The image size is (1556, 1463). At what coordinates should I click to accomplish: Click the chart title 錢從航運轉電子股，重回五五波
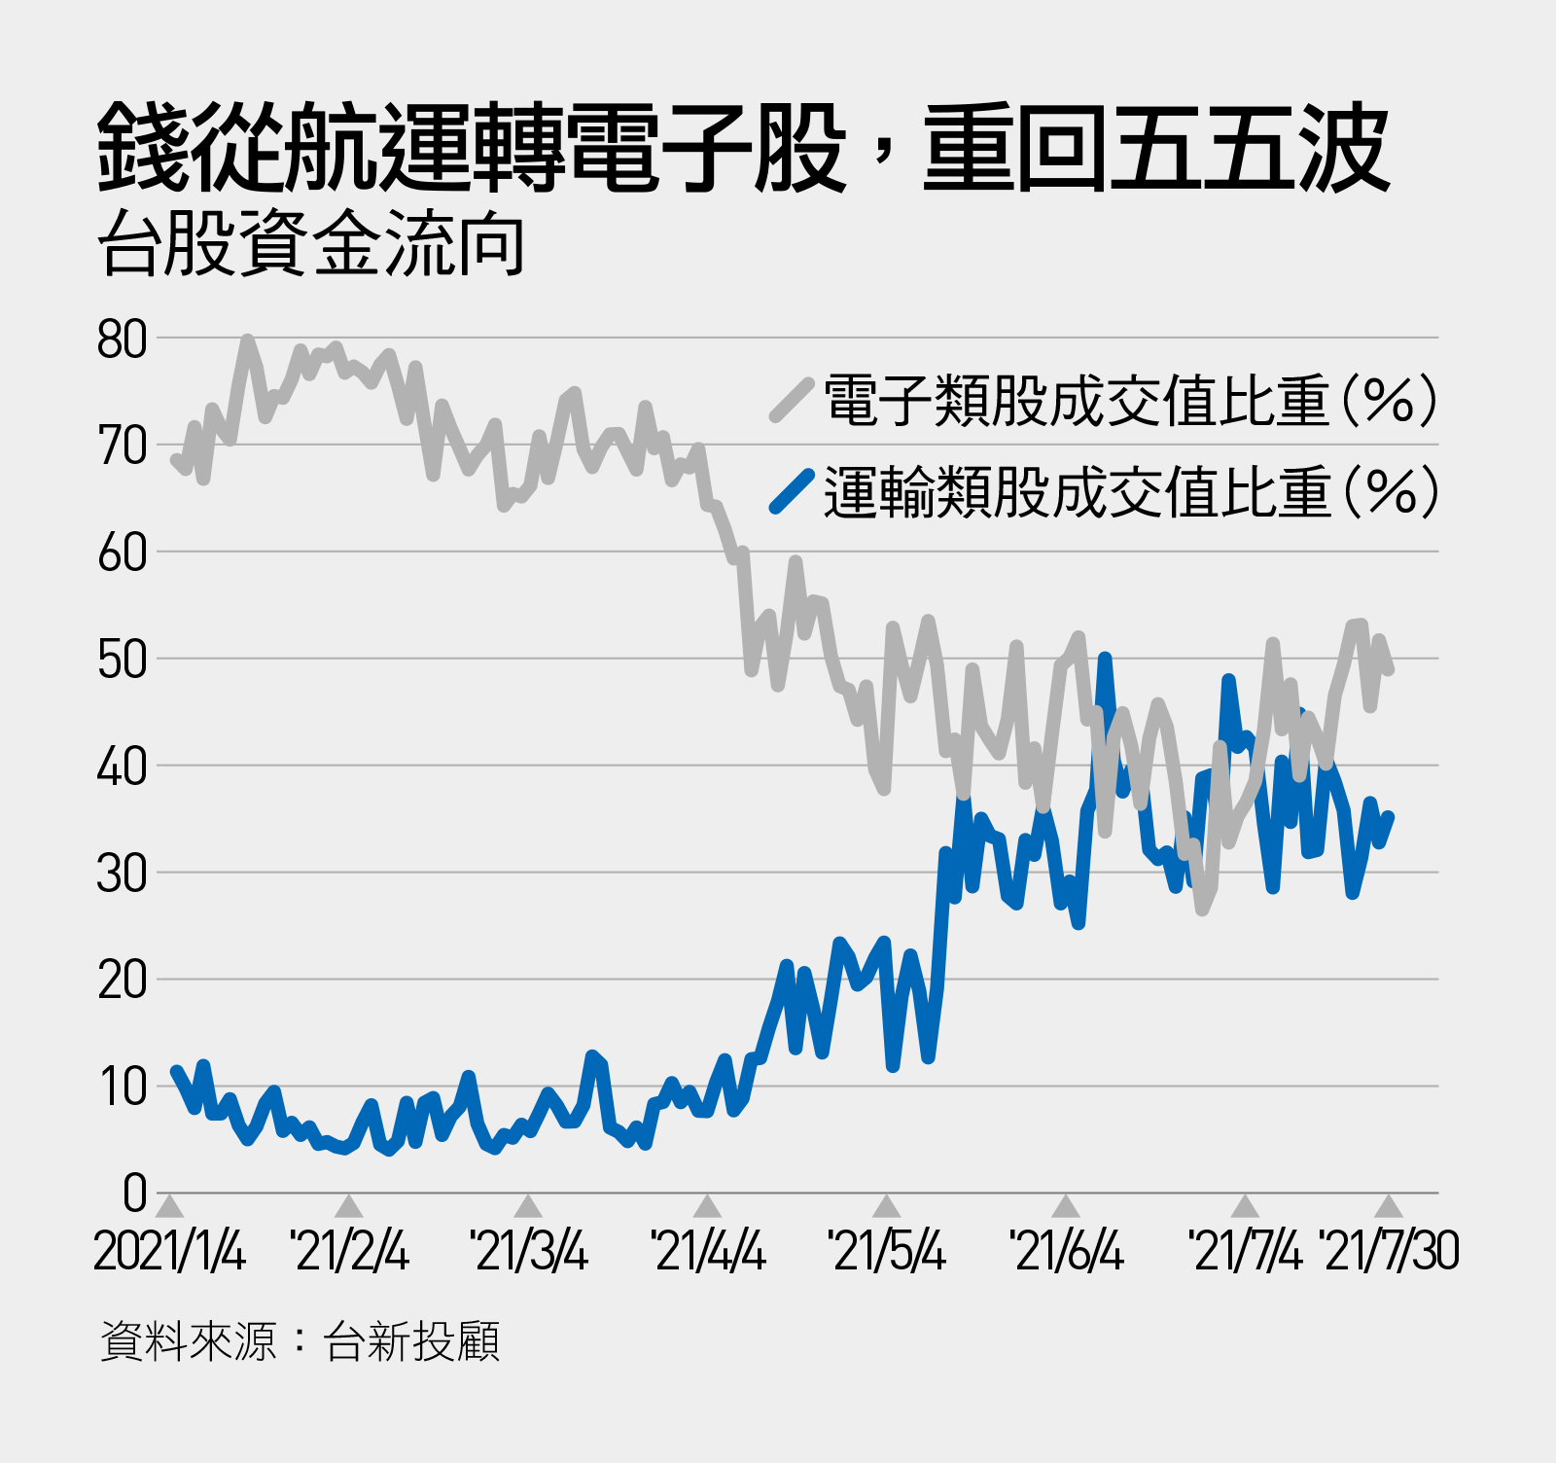click(x=744, y=147)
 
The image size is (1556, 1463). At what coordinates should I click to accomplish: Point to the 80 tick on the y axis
click(x=122, y=339)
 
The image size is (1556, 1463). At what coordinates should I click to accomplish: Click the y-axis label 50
click(x=122, y=660)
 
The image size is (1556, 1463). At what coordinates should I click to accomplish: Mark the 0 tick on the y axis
click(x=135, y=1193)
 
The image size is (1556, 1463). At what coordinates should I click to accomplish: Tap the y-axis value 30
click(x=122, y=874)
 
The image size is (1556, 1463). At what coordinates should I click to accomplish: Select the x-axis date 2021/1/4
click(x=169, y=1251)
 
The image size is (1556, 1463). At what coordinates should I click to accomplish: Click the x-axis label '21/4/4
click(x=708, y=1251)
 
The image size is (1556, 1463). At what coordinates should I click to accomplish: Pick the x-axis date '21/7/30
click(x=1390, y=1251)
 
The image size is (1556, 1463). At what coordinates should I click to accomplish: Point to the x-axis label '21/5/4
click(x=886, y=1251)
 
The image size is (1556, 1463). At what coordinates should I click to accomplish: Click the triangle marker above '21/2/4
click(x=349, y=1207)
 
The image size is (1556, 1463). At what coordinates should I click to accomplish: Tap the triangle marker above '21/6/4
click(x=1067, y=1207)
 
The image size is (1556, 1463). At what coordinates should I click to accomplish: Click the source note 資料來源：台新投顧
click(x=300, y=1341)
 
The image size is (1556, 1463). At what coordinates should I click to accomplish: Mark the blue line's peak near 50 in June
click(x=1105, y=660)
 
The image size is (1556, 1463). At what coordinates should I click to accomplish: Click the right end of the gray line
click(x=1390, y=669)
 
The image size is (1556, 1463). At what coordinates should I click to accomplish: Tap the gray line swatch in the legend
click(x=792, y=400)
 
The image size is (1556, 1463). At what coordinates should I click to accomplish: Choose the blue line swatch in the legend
click(x=792, y=491)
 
